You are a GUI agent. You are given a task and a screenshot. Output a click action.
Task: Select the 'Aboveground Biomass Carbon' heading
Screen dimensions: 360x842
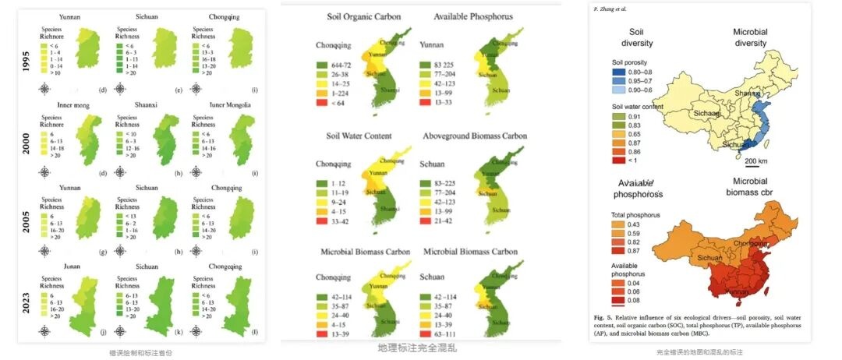tap(475, 136)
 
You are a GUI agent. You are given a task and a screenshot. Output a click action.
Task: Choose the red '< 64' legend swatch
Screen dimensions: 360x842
tap(322, 103)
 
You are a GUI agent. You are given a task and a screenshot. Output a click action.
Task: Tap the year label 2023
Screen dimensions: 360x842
tap(27, 298)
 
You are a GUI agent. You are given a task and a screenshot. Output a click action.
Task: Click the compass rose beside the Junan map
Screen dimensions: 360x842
tap(44, 333)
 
